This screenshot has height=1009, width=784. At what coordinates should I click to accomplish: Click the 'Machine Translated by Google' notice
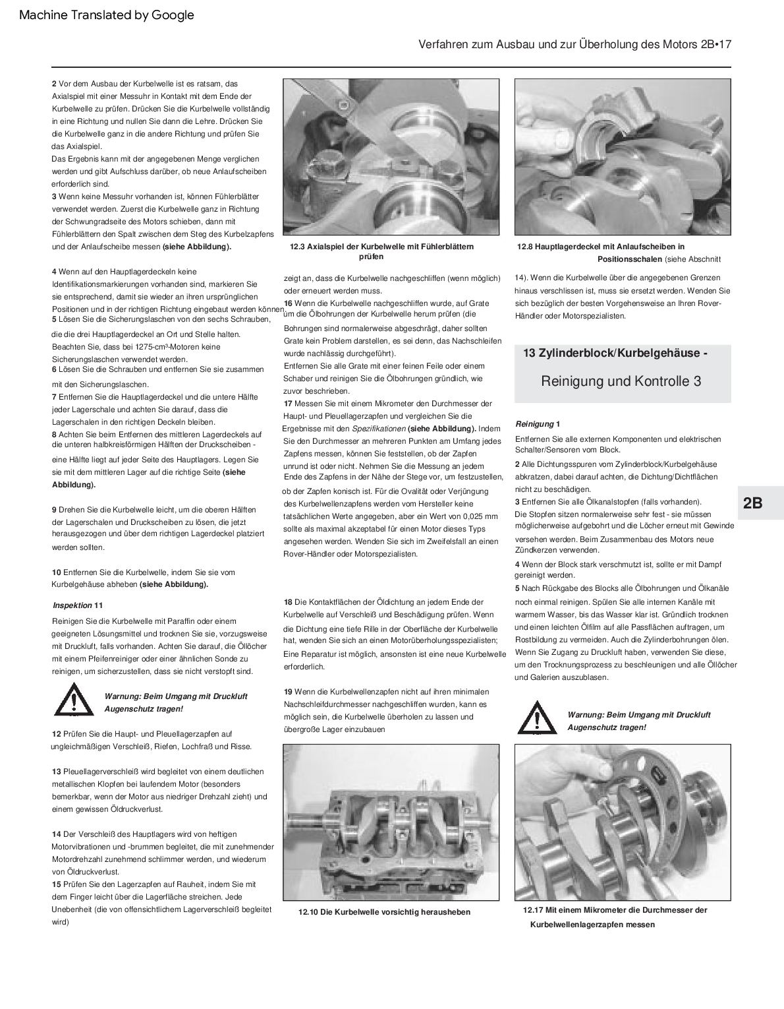tap(107, 15)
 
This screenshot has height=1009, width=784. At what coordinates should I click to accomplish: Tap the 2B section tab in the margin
tap(752, 503)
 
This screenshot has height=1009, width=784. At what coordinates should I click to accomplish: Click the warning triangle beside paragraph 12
tap(74, 700)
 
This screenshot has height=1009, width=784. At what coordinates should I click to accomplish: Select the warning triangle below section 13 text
tap(537, 719)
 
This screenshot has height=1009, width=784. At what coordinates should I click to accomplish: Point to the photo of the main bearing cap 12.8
tap(622, 157)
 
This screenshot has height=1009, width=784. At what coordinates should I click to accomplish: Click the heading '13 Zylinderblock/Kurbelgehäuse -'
tap(615, 353)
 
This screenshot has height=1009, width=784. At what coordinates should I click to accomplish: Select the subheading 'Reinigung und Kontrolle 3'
tap(621, 381)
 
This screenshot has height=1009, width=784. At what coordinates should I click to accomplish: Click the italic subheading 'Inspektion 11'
tap(78, 605)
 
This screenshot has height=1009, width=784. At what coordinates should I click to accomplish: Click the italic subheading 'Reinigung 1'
tap(538, 423)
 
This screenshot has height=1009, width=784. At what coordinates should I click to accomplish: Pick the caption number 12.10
tap(308, 912)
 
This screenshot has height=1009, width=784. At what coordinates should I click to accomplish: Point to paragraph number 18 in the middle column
tap(288, 601)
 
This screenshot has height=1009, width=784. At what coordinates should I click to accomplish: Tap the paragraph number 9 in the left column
tap(54, 510)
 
